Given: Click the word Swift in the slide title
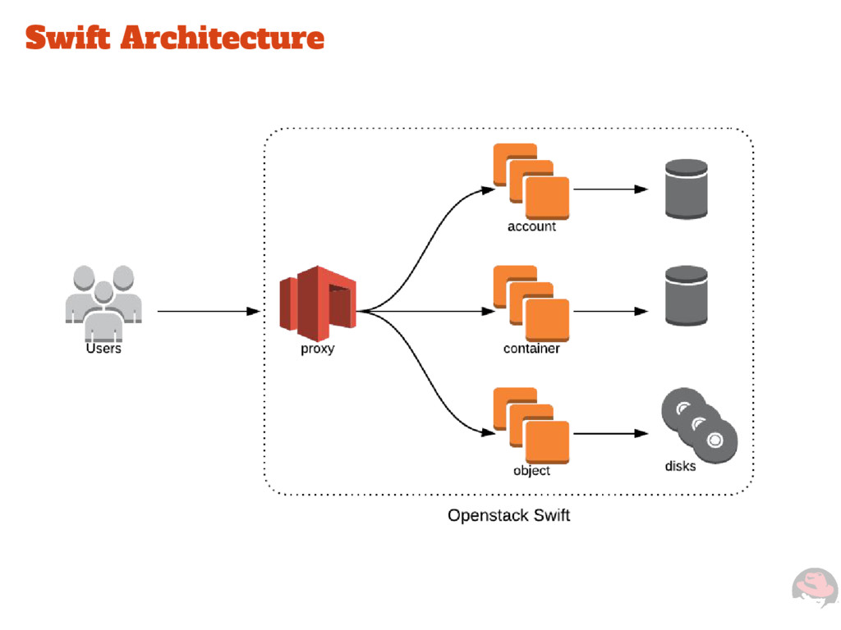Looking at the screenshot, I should pyautogui.click(x=67, y=38).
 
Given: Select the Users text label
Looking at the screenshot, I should pyautogui.click(x=103, y=349).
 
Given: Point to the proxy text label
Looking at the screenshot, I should pyautogui.click(x=317, y=349).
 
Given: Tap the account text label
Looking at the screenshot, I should pyautogui.click(x=531, y=226).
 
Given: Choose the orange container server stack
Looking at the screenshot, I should pyautogui.click(x=531, y=303).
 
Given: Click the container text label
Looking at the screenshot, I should pyautogui.click(x=531, y=349).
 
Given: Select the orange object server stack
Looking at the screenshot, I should pyautogui.click(x=531, y=425).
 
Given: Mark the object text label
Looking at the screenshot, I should pyautogui.click(x=531, y=471).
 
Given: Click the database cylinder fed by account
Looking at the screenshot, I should pyautogui.click(x=687, y=189).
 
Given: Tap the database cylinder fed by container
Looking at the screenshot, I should pyautogui.click(x=687, y=295).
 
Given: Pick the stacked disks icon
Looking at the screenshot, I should pyautogui.click(x=699, y=425).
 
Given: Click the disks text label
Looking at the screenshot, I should pyautogui.click(x=680, y=466).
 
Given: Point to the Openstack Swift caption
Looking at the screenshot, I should pyautogui.click(x=508, y=516).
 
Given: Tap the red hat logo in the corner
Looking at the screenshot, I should pyautogui.click(x=814, y=589).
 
